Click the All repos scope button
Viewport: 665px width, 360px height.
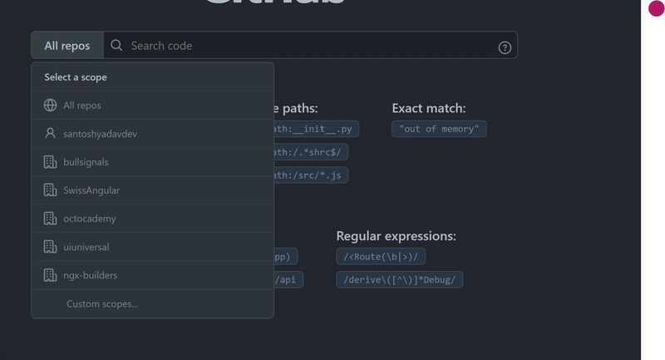pos(66,46)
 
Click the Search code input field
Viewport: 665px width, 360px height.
pos(308,46)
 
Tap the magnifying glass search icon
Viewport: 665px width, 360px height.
pos(116,46)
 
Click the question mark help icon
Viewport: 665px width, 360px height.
pos(505,47)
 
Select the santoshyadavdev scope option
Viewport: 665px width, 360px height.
pos(100,134)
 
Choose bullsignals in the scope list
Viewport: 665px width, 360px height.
pos(86,162)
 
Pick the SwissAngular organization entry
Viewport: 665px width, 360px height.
pos(91,190)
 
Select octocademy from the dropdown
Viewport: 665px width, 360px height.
pos(90,219)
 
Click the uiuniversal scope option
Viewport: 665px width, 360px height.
pos(86,247)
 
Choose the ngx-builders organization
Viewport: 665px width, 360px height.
pos(90,275)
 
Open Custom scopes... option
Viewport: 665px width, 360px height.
pos(102,303)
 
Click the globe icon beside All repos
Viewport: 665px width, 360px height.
pos(50,106)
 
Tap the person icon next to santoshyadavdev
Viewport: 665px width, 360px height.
pos(50,133)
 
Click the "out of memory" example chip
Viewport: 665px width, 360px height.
pos(439,129)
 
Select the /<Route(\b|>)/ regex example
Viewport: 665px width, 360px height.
pos(381,257)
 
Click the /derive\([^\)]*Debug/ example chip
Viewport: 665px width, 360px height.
pos(399,280)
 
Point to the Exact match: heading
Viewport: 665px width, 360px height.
pos(428,108)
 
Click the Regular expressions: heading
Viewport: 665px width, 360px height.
pos(396,236)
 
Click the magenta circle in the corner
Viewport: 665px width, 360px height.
pos(656,8)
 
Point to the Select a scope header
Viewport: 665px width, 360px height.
pos(76,77)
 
